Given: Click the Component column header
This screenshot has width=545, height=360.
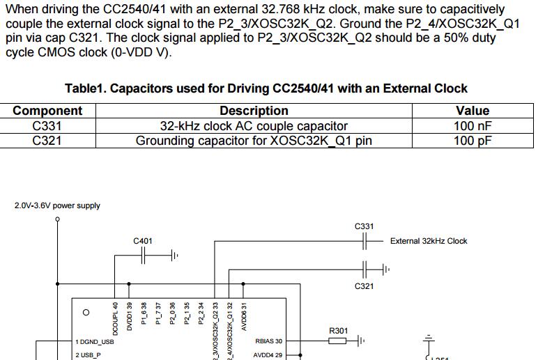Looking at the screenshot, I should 47,111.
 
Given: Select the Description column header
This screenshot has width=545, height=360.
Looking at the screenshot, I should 254,111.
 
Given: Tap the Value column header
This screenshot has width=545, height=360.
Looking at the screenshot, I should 473,111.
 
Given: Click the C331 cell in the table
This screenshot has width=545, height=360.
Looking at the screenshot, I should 47,126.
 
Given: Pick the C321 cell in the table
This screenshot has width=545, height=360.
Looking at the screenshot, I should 47,141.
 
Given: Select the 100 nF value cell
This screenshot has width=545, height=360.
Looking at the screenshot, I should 473,126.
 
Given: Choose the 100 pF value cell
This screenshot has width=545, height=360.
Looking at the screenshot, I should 473,141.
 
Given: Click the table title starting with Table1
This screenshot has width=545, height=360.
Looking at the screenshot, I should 266,88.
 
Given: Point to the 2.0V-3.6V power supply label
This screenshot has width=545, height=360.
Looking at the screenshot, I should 57,205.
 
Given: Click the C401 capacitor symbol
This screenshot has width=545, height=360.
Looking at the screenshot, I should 144,256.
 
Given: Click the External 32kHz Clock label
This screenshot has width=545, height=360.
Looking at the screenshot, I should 429,241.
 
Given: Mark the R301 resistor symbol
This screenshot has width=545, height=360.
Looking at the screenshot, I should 337,341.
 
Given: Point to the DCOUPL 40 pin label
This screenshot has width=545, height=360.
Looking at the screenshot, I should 115,315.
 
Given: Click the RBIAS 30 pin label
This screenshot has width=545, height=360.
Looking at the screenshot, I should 268,341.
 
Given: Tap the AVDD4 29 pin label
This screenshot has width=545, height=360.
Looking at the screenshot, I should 268,354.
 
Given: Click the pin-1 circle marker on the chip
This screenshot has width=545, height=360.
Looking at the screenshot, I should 86,313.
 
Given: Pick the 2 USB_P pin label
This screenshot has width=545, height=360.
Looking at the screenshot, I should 88,354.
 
